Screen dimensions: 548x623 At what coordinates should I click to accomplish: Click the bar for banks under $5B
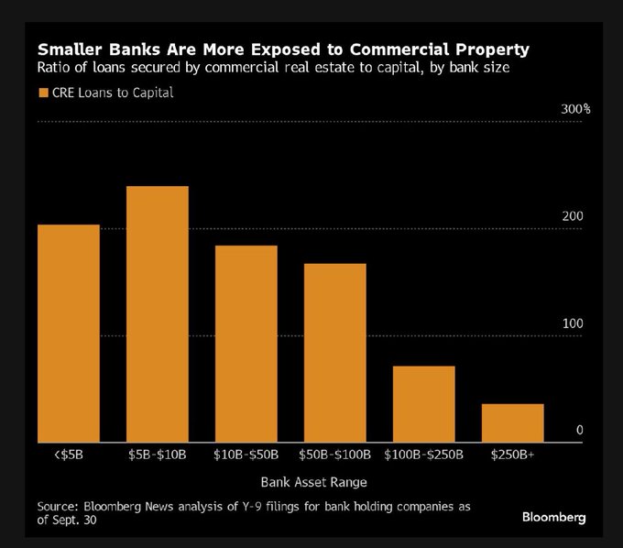[x=68, y=334]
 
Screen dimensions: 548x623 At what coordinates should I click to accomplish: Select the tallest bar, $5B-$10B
[x=157, y=314]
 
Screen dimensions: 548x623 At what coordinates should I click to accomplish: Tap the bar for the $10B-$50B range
[x=246, y=344]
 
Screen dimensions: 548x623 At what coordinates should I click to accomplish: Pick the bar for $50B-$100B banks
[x=334, y=353]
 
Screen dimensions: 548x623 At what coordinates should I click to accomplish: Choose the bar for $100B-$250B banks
[x=423, y=404]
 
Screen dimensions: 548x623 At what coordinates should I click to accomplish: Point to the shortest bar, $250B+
[x=512, y=422]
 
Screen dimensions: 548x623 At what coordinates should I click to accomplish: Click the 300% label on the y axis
[x=574, y=109]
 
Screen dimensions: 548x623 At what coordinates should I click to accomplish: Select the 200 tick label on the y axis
[x=574, y=216]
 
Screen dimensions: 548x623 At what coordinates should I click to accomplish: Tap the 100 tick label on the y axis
[x=574, y=323]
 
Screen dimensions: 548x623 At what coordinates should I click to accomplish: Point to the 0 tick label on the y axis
[x=579, y=431]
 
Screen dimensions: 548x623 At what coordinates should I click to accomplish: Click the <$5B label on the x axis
[x=57, y=454]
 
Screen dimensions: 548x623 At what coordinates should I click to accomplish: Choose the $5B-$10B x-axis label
[x=156, y=454]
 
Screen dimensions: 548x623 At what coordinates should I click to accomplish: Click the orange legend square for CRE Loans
[x=43, y=93]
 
